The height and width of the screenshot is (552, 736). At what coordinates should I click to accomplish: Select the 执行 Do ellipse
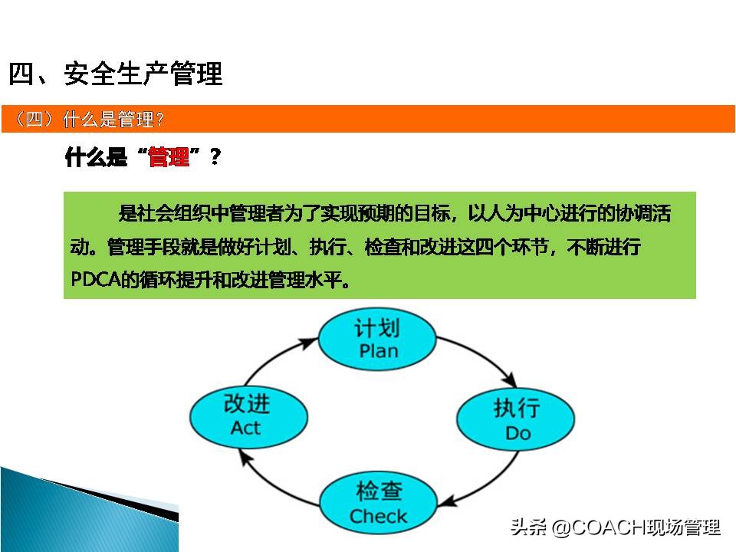pyautogui.click(x=516, y=419)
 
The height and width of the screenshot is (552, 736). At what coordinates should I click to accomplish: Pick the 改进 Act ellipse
pyautogui.click(x=248, y=416)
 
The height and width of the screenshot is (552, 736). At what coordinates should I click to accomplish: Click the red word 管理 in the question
pyautogui.click(x=169, y=158)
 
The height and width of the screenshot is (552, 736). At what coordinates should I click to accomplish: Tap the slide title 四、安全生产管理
pyautogui.click(x=115, y=74)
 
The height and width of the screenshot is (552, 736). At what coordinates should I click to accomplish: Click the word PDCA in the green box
pyautogui.click(x=94, y=279)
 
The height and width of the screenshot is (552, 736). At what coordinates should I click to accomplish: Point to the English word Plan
pyautogui.click(x=378, y=351)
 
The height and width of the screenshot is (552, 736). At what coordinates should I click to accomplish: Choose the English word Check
pyautogui.click(x=377, y=516)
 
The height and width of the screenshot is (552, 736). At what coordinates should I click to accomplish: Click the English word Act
pyautogui.click(x=246, y=428)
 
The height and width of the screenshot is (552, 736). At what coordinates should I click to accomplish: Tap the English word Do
pyautogui.click(x=517, y=433)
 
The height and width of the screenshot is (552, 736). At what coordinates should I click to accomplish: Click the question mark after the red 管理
pyautogui.click(x=215, y=158)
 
